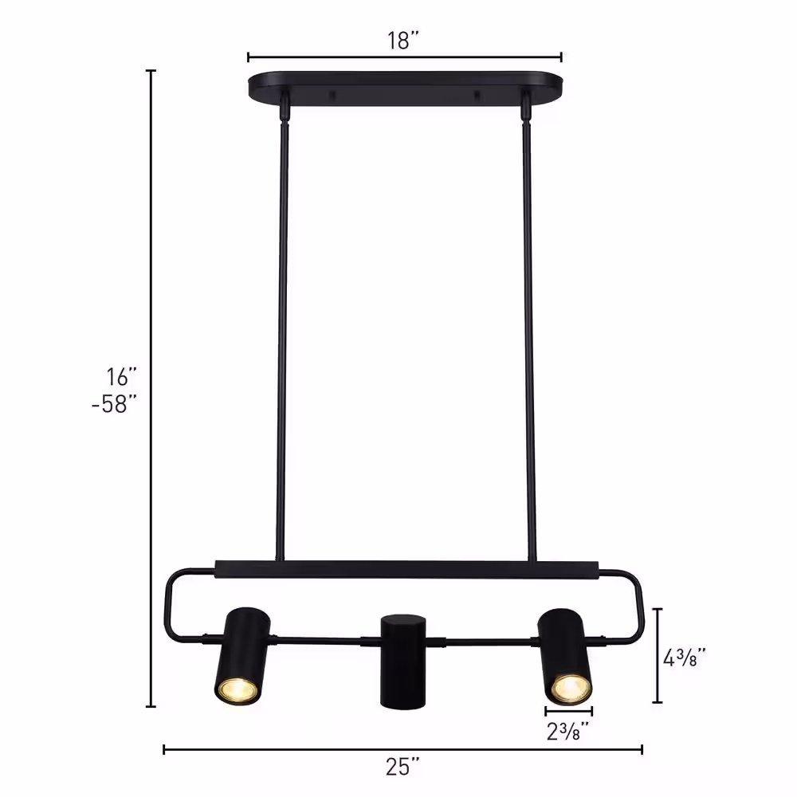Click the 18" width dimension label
pyautogui.click(x=403, y=41)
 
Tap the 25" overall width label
pyautogui.click(x=403, y=768)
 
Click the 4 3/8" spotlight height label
pyautogui.click(x=685, y=658)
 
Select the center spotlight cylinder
pyautogui.click(x=403, y=659)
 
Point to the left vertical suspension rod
pyautogui.click(x=280, y=335)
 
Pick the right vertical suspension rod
pyautogui.click(x=526, y=335)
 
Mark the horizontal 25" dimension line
pyautogui.click(x=403, y=749)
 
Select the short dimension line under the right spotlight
pyautogui.click(x=569, y=711)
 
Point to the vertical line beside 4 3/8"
pyautogui.click(x=658, y=655)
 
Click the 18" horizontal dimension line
pyautogui.click(x=405, y=57)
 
